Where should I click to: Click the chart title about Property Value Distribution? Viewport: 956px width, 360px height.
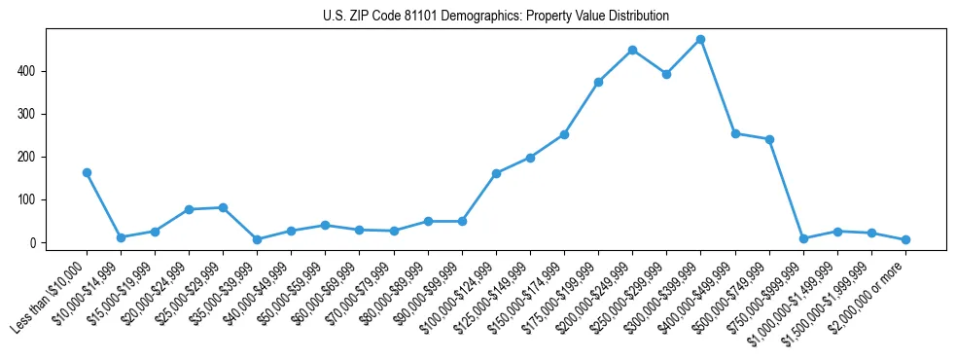tap(495, 17)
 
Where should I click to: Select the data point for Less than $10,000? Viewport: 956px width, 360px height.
tap(87, 172)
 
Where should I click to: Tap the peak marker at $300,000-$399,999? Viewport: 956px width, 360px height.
tap(700, 40)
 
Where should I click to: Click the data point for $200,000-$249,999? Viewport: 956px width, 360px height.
tap(632, 50)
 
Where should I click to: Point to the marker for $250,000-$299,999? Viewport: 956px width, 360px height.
tap(666, 74)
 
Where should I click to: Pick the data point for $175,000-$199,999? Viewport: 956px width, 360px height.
tap(598, 82)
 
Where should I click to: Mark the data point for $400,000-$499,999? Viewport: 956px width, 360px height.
tap(735, 133)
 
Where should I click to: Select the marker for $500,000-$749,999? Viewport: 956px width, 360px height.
tap(769, 139)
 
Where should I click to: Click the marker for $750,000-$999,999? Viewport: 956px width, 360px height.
tap(803, 238)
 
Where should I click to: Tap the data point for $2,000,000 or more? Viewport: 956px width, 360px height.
tap(905, 239)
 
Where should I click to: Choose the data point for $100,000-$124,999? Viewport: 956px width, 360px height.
tap(496, 173)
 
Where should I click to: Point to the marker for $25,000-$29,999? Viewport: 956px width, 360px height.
tap(223, 207)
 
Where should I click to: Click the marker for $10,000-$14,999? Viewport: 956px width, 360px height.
tap(121, 237)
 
